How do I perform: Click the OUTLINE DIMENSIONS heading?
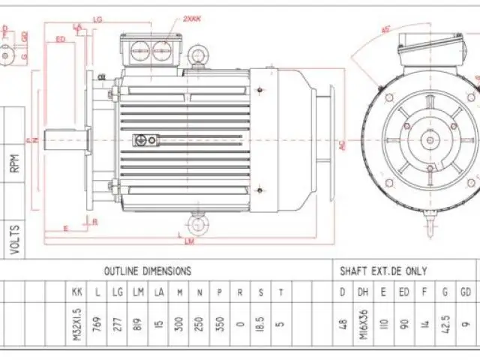[147, 271]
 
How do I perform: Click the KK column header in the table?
[76, 292]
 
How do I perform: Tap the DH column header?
[363, 292]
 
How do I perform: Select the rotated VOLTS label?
[16, 238]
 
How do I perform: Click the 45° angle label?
[386, 29]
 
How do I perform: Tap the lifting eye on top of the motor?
[199, 54]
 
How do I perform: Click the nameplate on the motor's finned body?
[145, 139]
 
